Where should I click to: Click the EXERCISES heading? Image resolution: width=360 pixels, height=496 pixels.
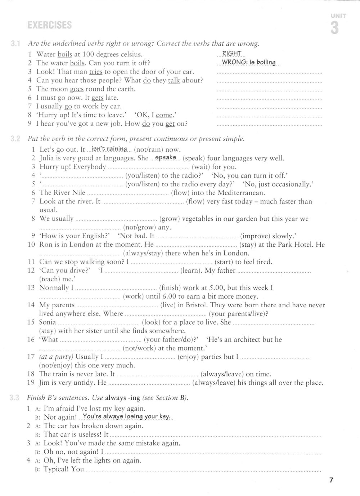point(50,25)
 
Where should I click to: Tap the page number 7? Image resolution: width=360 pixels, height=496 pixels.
point(332,480)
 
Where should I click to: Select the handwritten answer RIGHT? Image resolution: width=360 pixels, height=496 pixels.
point(232,54)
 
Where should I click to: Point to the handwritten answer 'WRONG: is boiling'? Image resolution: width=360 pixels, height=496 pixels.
point(248,62)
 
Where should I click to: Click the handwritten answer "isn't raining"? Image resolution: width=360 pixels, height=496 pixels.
point(109,149)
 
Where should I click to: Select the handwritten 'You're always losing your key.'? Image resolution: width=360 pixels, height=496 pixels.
point(126,417)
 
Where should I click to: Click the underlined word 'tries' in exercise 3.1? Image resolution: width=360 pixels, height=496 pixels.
point(96,72)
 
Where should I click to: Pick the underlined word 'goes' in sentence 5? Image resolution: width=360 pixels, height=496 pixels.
point(77,89)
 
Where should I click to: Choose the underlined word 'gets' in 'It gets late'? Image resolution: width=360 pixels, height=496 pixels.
point(97,98)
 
